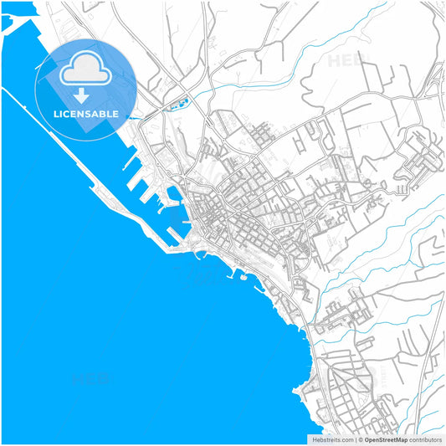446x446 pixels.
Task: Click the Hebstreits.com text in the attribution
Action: [x=333, y=439]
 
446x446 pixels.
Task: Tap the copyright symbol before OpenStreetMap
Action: [x=360, y=439]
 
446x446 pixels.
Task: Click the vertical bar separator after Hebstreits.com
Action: [x=355, y=439]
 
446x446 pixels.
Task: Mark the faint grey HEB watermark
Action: [x=346, y=61]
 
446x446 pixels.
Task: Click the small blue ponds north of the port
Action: [x=177, y=105]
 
